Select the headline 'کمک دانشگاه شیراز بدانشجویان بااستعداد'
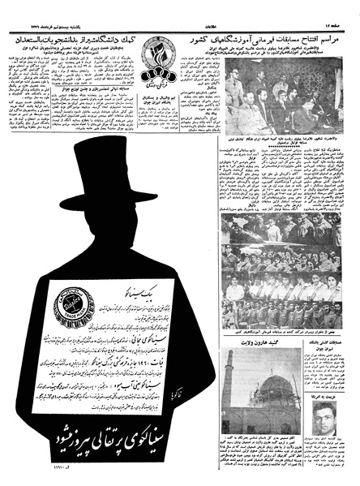click(90, 39)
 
